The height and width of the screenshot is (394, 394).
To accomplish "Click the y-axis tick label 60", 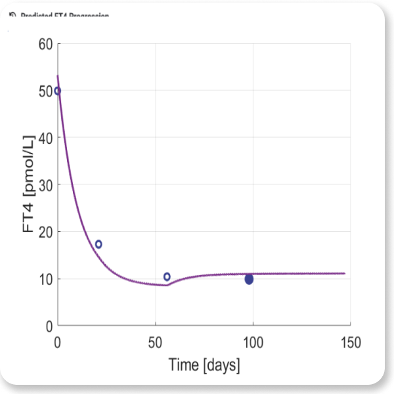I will pyautogui.click(x=45, y=44).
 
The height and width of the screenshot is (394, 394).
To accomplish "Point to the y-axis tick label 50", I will pyautogui.click(x=45, y=91).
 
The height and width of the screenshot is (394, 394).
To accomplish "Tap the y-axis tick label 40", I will pyautogui.click(x=45, y=138).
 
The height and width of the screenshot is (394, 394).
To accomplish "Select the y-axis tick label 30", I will pyautogui.click(x=45, y=185).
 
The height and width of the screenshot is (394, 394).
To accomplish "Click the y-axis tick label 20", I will pyautogui.click(x=45, y=232).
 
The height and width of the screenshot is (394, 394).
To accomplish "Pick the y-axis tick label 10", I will pyautogui.click(x=45, y=278).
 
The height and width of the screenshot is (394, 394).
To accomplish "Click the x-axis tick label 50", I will pyautogui.click(x=155, y=342).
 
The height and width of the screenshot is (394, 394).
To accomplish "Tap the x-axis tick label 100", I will pyautogui.click(x=253, y=342).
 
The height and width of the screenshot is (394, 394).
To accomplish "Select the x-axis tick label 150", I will pyautogui.click(x=350, y=342).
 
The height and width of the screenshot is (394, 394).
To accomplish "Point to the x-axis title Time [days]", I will pyautogui.click(x=204, y=364).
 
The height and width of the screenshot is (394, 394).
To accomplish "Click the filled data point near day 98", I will pyautogui.click(x=249, y=279).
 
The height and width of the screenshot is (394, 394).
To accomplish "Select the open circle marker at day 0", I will pyautogui.click(x=58, y=91).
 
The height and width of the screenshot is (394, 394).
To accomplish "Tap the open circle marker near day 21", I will pyautogui.click(x=98, y=244).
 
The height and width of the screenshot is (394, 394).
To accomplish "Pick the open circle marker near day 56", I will pyautogui.click(x=167, y=276).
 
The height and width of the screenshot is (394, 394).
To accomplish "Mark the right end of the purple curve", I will pyautogui.click(x=344, y=273).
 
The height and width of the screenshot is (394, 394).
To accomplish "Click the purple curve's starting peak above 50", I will pyautogui.click(x=58, y=76).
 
